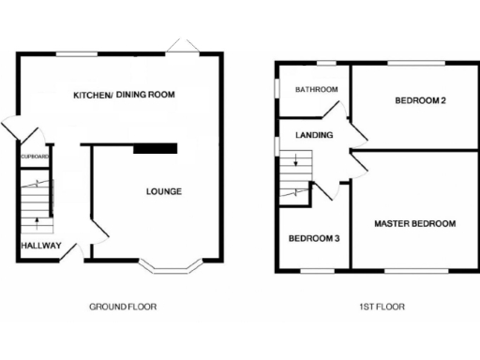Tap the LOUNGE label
tap(163, 191)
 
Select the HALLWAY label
tap(40, 247)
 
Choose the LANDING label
tap(313, 135)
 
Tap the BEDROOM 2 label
tap(418, 100)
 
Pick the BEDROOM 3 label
tap(313, 238)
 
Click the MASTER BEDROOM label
tap(414, 223)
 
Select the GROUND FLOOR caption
tap(122, 307)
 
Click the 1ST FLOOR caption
tap(381, 307)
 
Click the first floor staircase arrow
tap(296, 163)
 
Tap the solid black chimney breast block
tap(156, 147)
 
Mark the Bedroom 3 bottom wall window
tap(317, 272)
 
